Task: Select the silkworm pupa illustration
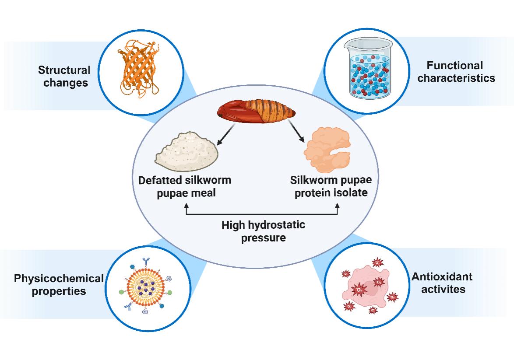point(256,112)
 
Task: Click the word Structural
point(64,70)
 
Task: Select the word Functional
point(455,66)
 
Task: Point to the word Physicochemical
point(59,279)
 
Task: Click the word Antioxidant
point(442,276)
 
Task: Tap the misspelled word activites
point(443,289)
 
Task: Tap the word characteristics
point(456,78)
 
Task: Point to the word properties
point(59,291)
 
